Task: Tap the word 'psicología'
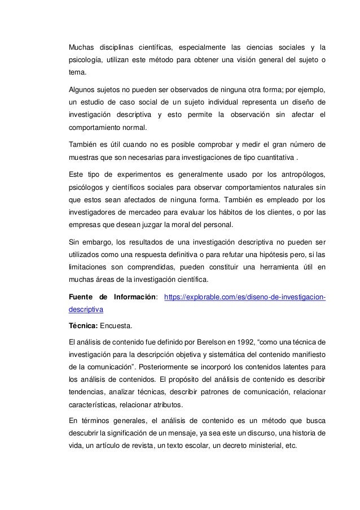pos(86,60)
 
